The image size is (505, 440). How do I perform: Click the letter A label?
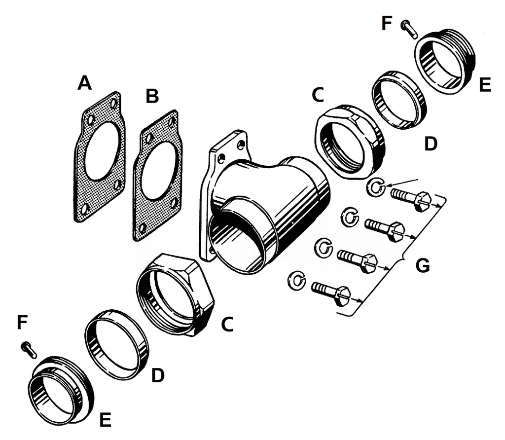click(x=85, y=83)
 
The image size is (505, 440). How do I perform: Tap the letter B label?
click(x=152, y=96)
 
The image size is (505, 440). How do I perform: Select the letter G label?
click(x=422, y=265)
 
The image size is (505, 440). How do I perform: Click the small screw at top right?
click(x=409, y=29)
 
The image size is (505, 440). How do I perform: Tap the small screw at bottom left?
click(x=29, y=350)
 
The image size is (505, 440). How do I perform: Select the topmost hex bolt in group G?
click(x=411, y=199)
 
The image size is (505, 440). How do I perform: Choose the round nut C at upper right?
click(x=350, y=141)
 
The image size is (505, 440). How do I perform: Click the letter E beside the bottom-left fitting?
click(x=105, y=419)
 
